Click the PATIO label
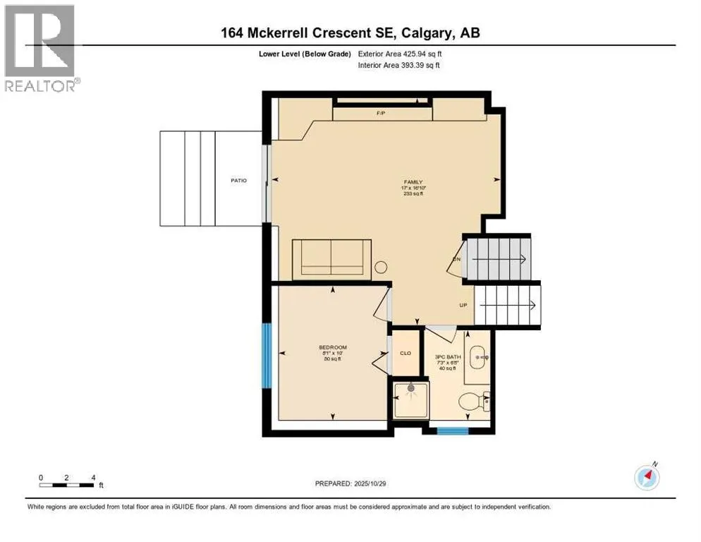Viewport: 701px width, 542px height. [x=238, y=181]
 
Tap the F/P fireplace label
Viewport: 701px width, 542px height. [x=382, y=112]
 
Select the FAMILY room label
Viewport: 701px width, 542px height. [x=413, y=182]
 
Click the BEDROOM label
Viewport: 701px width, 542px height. [x=332, y=347]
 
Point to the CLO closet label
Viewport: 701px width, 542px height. [x=406, y=353]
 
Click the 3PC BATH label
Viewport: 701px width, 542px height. [x=448, y=357]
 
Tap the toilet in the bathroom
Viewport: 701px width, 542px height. [x=473, y=402]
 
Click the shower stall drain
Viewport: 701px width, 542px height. [x=410, y=387]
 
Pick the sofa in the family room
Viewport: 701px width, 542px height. [x=331, y=258]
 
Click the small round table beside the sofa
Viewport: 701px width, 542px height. [x=381, y=267]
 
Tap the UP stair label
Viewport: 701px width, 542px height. [x=463, y=306]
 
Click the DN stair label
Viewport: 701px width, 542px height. [x=456, y=259]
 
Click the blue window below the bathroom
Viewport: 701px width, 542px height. [x=451, y=428]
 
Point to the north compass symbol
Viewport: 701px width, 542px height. [x=647, y=477]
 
